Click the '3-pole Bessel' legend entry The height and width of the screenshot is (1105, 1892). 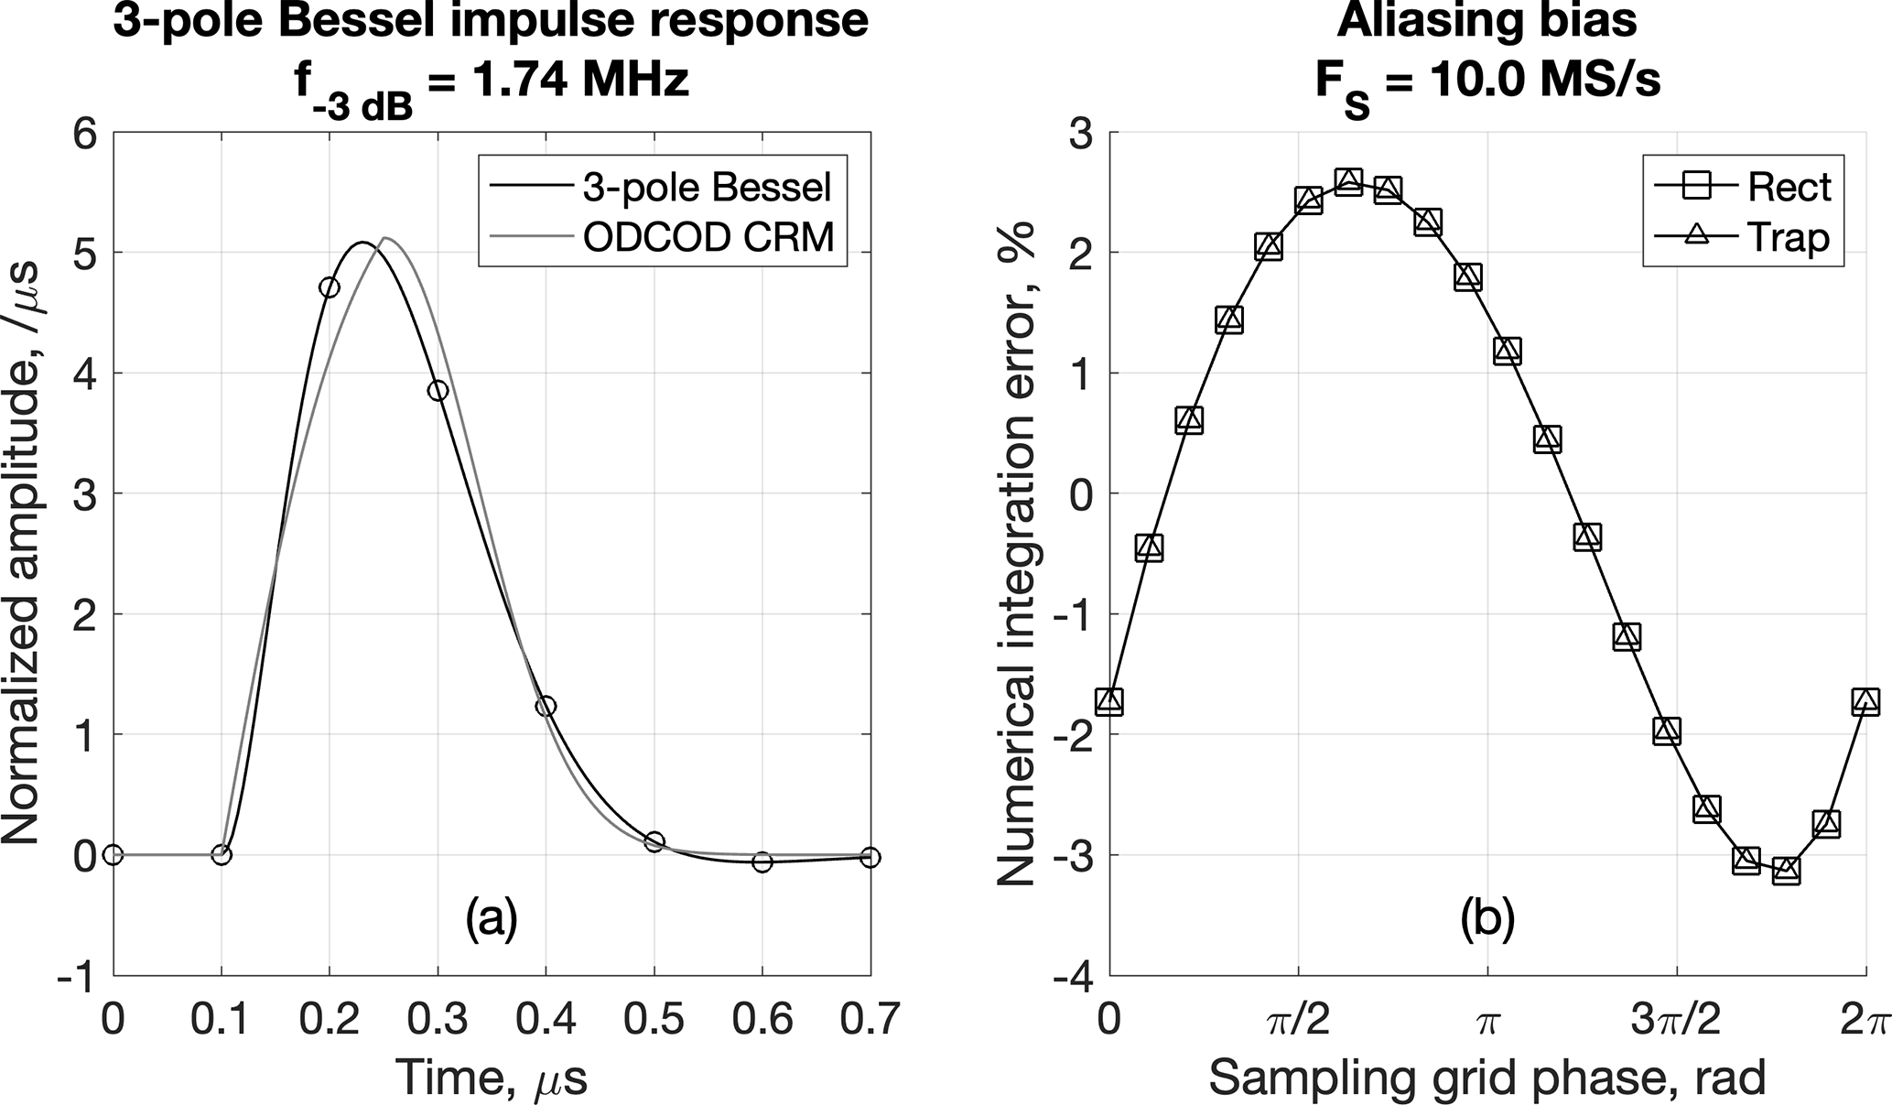tap(707, 187)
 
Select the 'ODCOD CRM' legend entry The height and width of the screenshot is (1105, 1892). tap(708, 237)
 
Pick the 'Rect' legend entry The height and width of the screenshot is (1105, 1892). tap(1789, 187)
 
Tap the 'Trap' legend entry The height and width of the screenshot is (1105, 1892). tap(1788, 237)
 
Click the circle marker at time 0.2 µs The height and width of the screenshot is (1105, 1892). tap(329, 287)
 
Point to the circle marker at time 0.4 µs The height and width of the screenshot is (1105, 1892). tap(546, 706)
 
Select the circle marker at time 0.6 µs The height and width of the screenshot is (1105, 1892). tap(762, 861)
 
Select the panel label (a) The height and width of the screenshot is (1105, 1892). tap(492, 919)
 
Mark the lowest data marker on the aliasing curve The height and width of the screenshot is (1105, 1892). tap(1786, 870)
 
